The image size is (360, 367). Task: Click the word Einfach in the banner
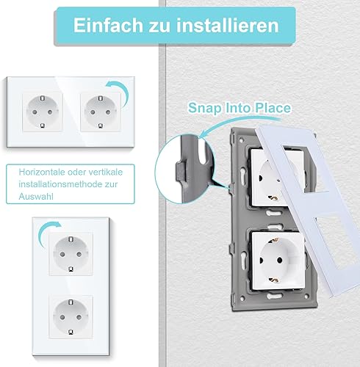(x=108, y=25)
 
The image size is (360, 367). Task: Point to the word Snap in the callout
(x=204, y=108)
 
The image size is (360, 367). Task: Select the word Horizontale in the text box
(x=42, y=172)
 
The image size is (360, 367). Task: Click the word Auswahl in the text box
(x=36, y=197)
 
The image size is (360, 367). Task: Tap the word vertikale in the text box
(x=106, y=172)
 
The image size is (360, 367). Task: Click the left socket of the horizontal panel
(x=43, y=112)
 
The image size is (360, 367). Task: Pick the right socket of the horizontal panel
(x=101, y=112)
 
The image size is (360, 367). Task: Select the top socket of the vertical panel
(x=71, y=254)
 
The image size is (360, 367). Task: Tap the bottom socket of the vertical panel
(x=71, y=317)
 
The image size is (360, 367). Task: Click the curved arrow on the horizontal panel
(x=120, y=92)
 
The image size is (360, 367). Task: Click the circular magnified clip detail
(x=185, y=170)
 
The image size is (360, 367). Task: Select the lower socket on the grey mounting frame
(x=278, y=261)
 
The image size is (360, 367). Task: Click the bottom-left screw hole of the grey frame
(x=242, y=299)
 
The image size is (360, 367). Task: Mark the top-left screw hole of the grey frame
(x=242, y=141)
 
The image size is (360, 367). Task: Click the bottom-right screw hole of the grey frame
(x=306, y=297)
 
